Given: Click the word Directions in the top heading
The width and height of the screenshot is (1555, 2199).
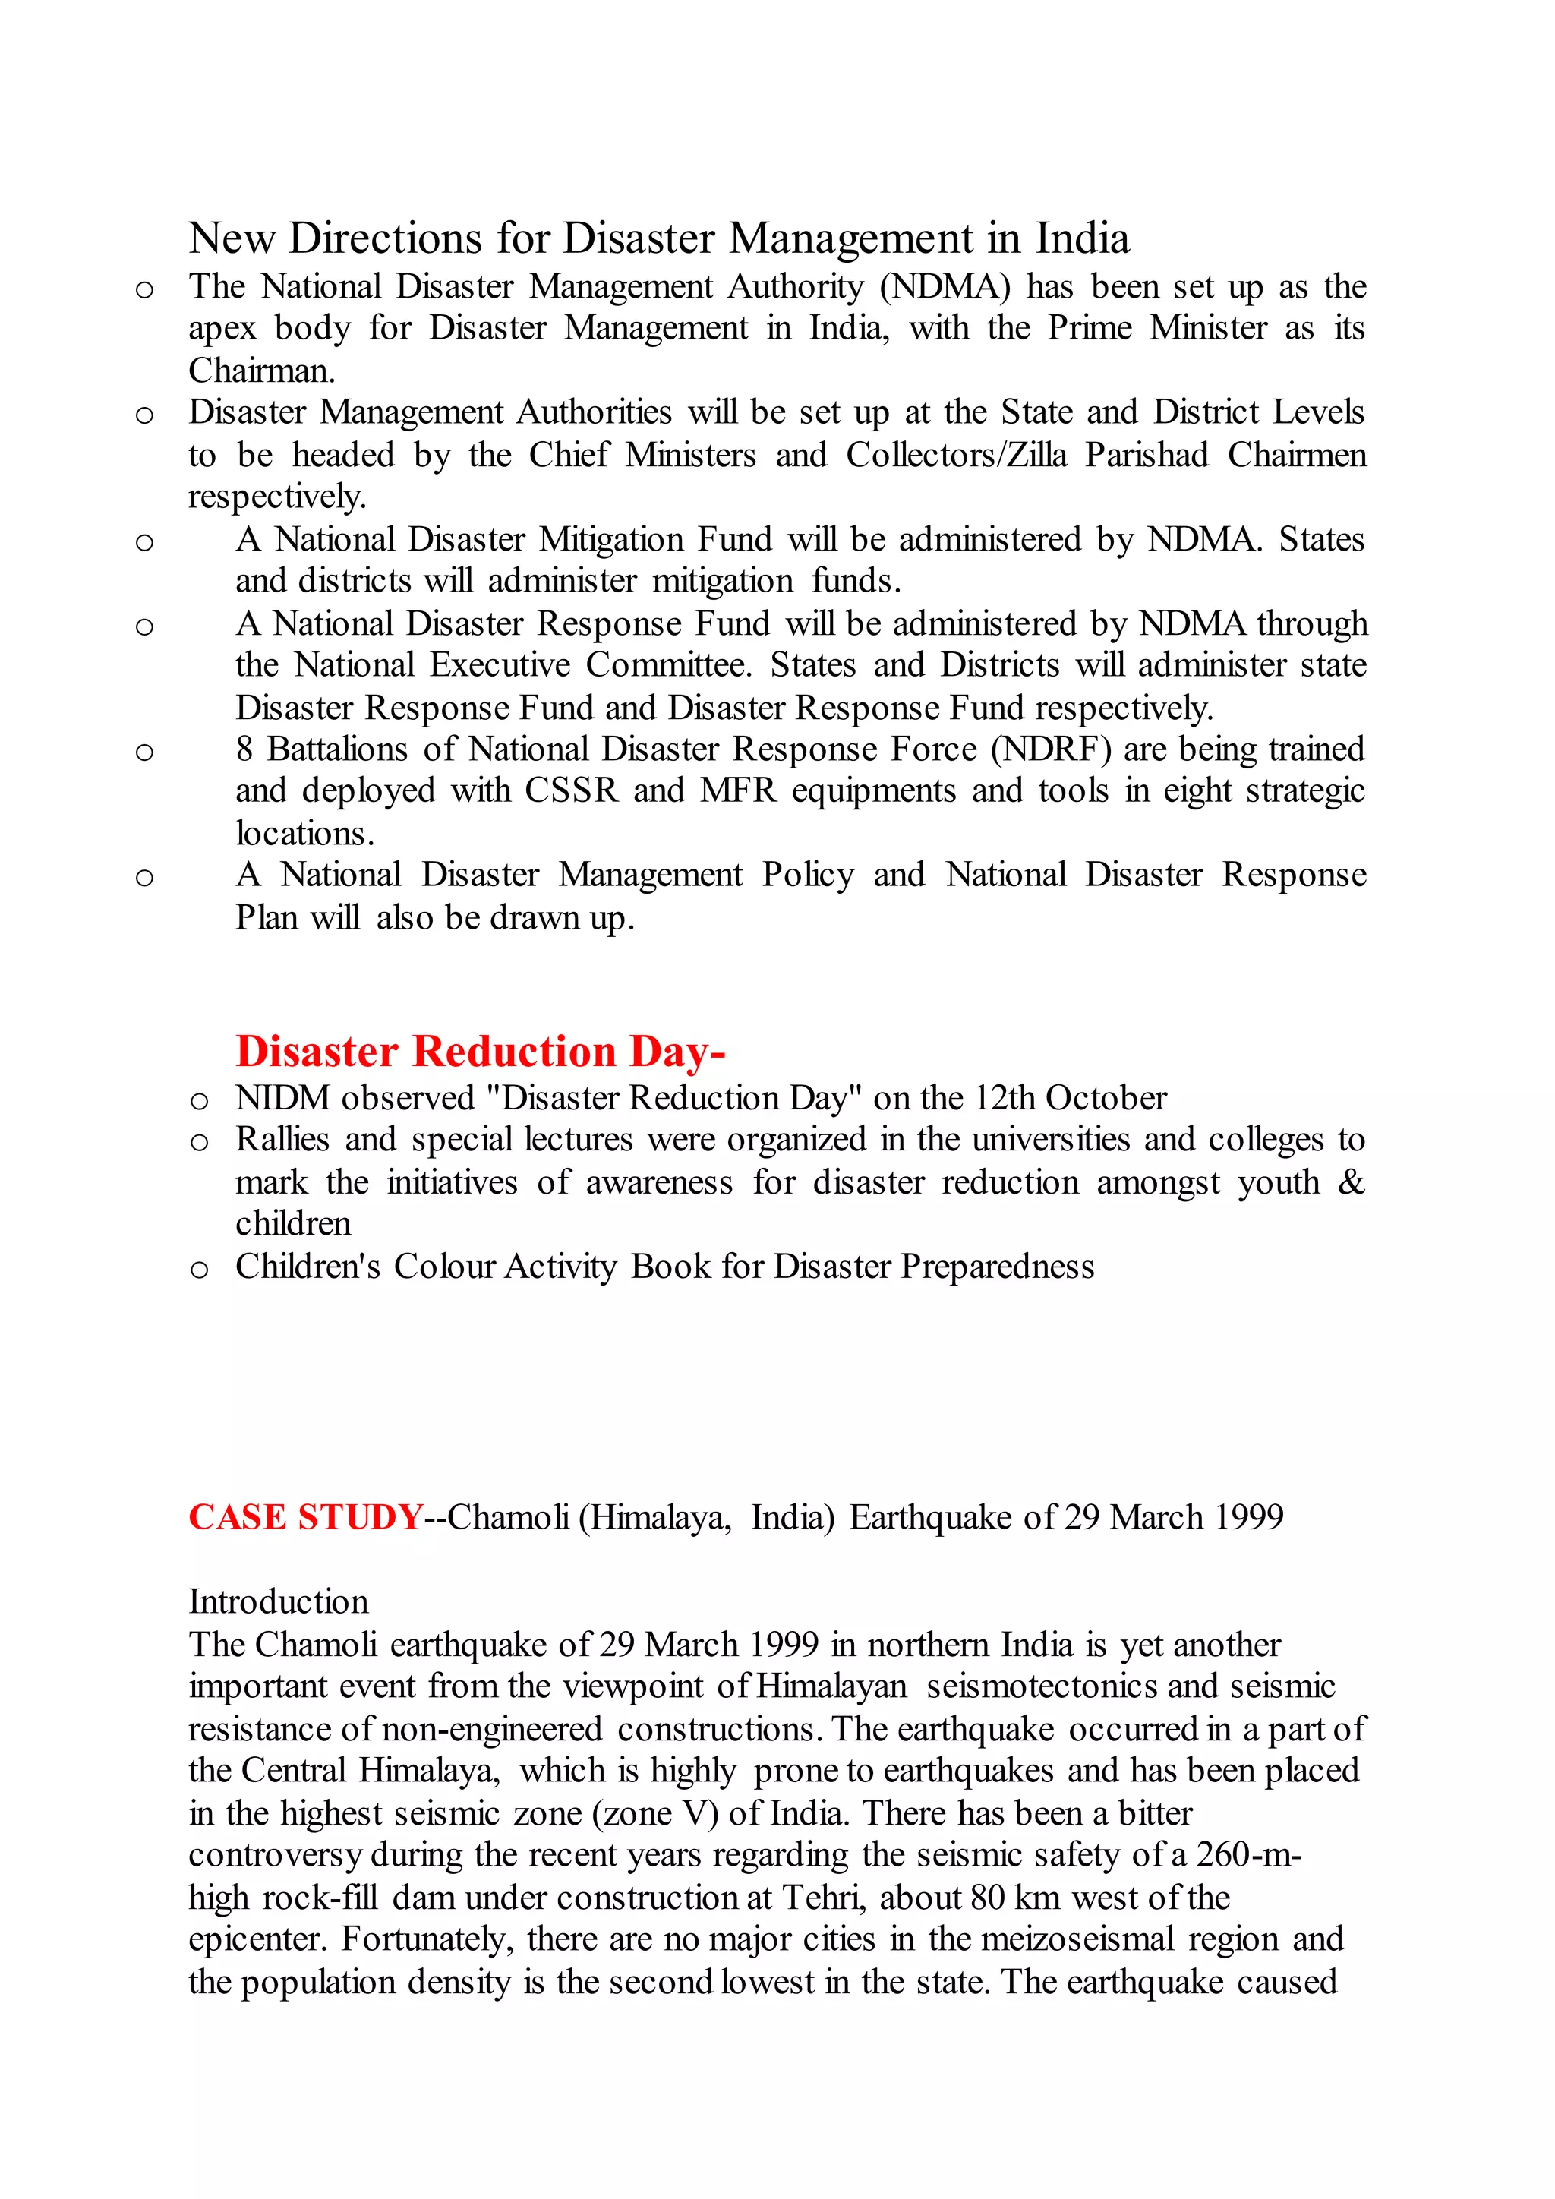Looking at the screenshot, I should pos(386,238).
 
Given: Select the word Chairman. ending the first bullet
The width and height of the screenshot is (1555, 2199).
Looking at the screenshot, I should pos(261,371).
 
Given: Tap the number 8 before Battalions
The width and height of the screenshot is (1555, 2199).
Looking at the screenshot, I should pos(245,749).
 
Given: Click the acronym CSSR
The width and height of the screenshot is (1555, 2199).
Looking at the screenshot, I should pos(572,791).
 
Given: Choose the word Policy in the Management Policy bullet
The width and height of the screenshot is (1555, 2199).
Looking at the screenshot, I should pos(807,875).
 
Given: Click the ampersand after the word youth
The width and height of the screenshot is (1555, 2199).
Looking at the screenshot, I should pos(1351,1182).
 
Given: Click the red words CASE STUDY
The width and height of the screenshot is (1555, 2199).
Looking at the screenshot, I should pos(305,1517).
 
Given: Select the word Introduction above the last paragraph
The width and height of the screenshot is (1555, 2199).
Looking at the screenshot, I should pos(278,1601).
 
